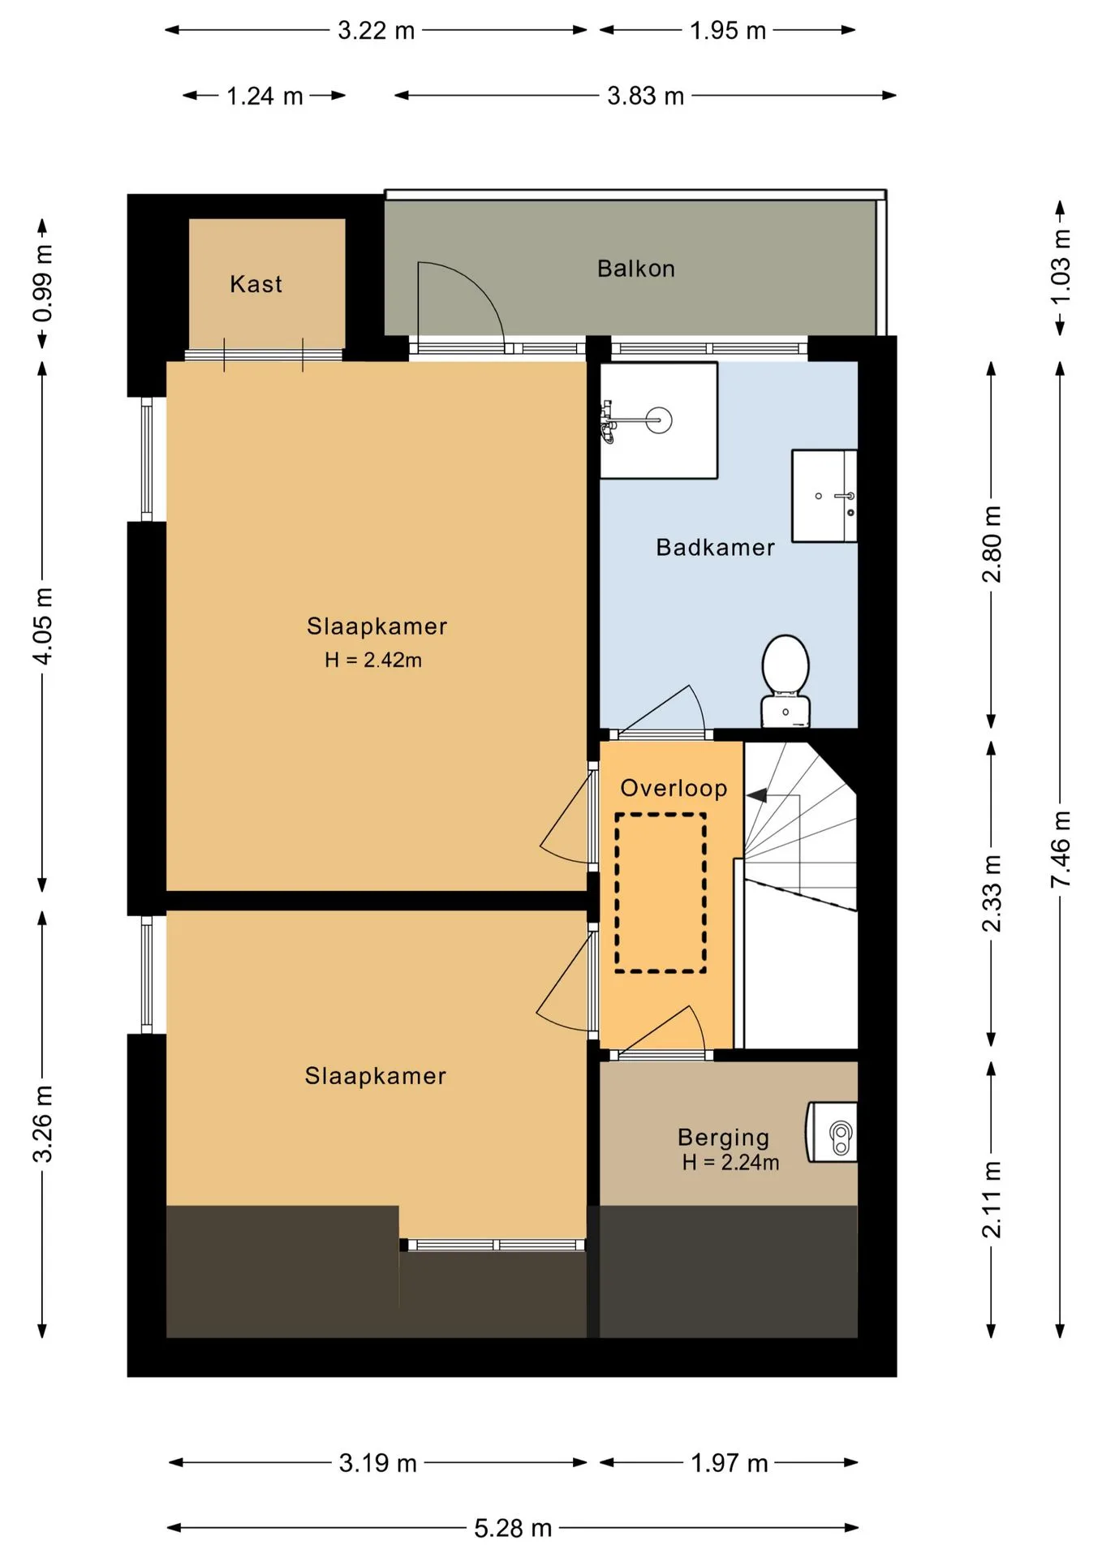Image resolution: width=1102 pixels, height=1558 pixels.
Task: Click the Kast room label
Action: (x=256, y=284)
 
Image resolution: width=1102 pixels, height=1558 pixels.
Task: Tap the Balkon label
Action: (x=636, y=269)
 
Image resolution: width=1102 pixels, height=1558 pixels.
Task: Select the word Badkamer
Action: (x=715, y=548)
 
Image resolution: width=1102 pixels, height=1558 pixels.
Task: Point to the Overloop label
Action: (x=674, y=788)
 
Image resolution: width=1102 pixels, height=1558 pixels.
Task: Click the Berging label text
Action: (x=723, y=1138)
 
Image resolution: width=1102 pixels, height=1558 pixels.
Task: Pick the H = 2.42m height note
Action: (x=373, y=660)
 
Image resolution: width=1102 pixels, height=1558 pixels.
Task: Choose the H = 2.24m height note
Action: (x=730, y=1163)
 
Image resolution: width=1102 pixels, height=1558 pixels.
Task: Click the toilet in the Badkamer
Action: (x=786, y=681)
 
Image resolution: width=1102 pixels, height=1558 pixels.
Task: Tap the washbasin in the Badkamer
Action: (x=824, y=496)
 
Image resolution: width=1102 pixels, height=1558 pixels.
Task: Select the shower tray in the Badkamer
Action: (x=659, y=420)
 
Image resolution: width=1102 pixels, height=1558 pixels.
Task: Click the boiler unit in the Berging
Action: (x=832, y=1132)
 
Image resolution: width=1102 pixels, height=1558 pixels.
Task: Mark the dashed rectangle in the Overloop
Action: (x=661, y=893)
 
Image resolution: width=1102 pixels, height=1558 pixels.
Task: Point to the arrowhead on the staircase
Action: (x=756, y=795)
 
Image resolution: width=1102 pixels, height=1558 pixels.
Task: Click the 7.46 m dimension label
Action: (x=1061, y=849)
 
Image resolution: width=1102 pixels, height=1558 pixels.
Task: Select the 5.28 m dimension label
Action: (x=513, y=1528)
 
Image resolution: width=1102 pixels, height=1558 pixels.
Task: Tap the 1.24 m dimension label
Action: (x=265, y=96)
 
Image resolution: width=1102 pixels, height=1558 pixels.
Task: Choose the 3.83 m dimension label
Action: (x=646, y=96)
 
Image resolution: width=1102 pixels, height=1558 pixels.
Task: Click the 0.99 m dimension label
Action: (x=43, y=282)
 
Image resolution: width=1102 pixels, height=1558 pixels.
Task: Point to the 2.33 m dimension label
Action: (x=992, y=893)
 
